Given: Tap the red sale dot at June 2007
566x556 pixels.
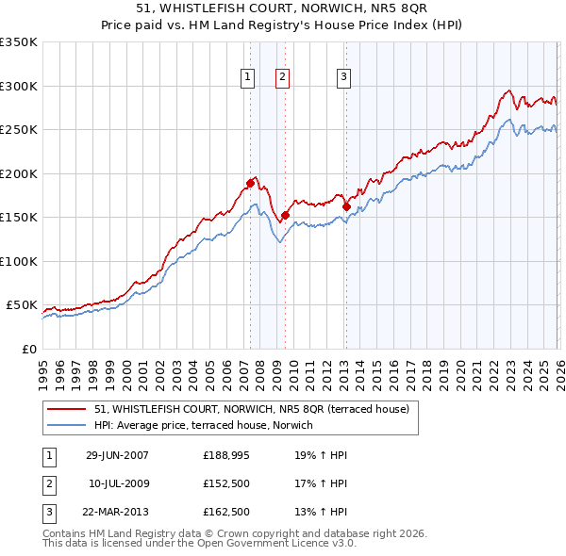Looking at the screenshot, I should click(250, 183).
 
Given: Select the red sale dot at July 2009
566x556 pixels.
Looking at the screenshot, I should click(285, 215).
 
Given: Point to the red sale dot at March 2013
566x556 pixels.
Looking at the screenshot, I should click(346, 206).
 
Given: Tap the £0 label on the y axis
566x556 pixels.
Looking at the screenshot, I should click(28, 349).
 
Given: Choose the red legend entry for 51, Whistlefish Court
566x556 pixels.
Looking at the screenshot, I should click(251, 409).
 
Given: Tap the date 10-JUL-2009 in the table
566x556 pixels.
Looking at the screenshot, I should click(119, 483).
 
